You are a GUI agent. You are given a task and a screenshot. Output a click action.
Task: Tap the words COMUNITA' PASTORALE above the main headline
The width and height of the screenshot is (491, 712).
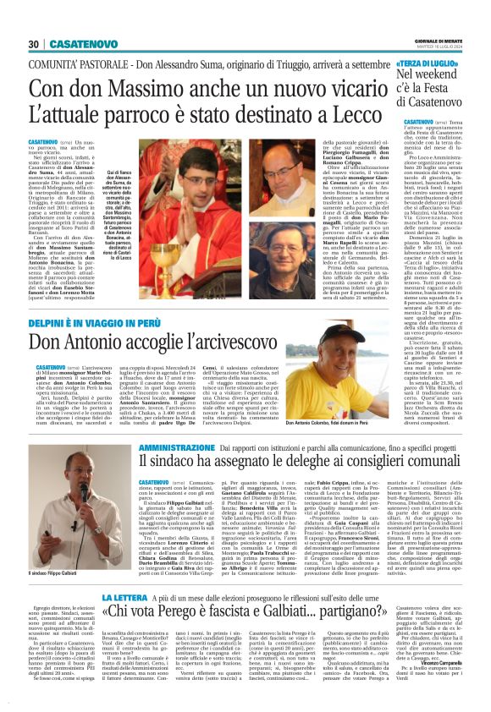coord(76,63)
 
